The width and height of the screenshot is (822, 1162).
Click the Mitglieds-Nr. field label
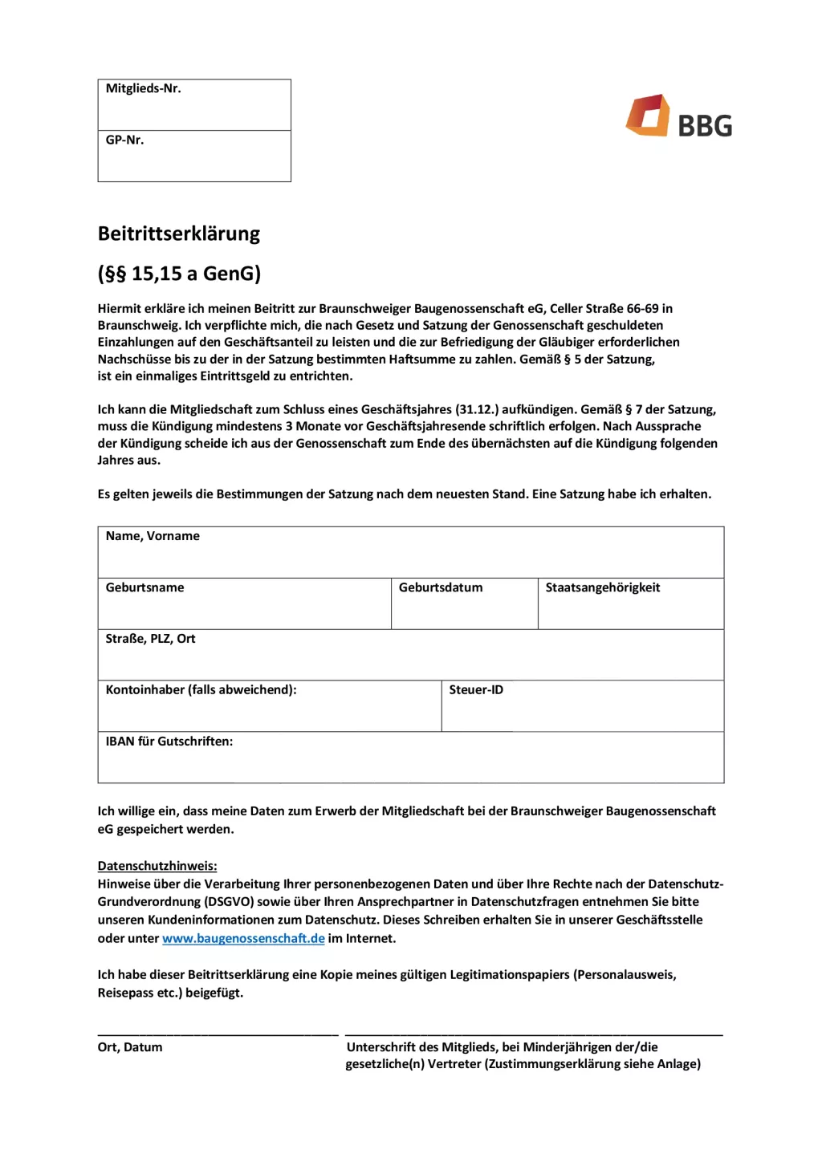tap(143, 88)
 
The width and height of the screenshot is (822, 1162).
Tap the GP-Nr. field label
tap(124, 140)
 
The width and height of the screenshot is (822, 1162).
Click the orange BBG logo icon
tap(648, 116)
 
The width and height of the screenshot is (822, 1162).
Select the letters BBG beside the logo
tap(705, 126)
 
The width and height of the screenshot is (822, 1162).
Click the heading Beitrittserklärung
tap(179, 234)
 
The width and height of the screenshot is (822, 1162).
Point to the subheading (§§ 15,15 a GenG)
tap(179, 274)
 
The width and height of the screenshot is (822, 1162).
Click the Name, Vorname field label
tap(153, 536)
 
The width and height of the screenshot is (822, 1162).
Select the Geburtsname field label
tap(144, 587)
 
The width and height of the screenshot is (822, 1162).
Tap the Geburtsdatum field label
tap(441, 587)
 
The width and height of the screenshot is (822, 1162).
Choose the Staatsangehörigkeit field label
tap(603, 587)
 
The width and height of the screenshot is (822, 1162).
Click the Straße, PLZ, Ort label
tap(150, 639)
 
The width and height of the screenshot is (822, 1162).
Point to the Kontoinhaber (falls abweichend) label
tap(201, 689)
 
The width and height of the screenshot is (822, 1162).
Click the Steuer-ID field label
tap(476, 689)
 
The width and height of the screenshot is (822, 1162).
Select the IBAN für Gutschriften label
tap(169, 741)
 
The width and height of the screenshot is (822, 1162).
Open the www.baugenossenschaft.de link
tap(243, 938)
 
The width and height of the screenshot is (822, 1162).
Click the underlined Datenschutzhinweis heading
tap(157, 866)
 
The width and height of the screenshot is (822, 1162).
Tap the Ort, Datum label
tap(130, 1047)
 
